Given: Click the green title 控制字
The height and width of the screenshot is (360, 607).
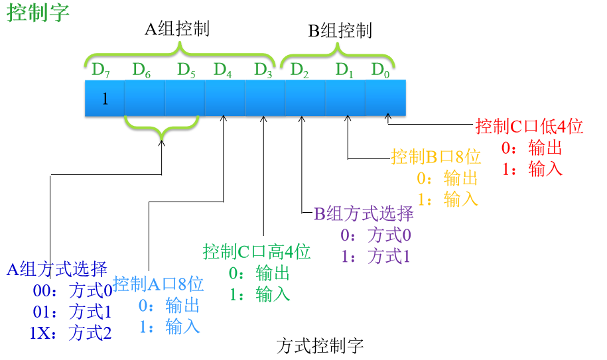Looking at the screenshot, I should pos(38,13).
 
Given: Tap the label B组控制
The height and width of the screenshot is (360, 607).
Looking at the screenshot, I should pos(340,30).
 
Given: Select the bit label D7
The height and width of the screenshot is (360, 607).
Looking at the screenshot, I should pos(100,69).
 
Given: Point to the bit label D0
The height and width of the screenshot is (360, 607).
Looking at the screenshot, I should pos(380,69).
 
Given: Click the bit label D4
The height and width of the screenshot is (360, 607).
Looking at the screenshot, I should pos(222,69).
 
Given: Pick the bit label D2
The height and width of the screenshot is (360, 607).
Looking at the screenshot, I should pos(300,69).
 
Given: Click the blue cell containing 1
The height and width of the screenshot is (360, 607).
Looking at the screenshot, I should pos(104,99).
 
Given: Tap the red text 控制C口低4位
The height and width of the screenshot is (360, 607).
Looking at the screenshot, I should pos(529,127).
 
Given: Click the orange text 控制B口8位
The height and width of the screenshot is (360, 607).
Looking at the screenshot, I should pos(435,157).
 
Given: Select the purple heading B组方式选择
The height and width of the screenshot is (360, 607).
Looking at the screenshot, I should pos(364,213).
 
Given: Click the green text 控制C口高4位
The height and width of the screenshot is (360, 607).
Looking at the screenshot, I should pos(257,252).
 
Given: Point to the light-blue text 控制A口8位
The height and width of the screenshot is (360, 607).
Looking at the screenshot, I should pos(158,284).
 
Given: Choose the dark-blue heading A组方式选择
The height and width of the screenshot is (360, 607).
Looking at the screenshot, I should pos(57,269).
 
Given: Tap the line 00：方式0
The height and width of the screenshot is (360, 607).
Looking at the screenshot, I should pos(72,290).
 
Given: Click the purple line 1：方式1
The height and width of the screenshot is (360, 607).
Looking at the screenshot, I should pos(375,257).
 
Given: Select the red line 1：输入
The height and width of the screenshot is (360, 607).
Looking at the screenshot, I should pos(532,169).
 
